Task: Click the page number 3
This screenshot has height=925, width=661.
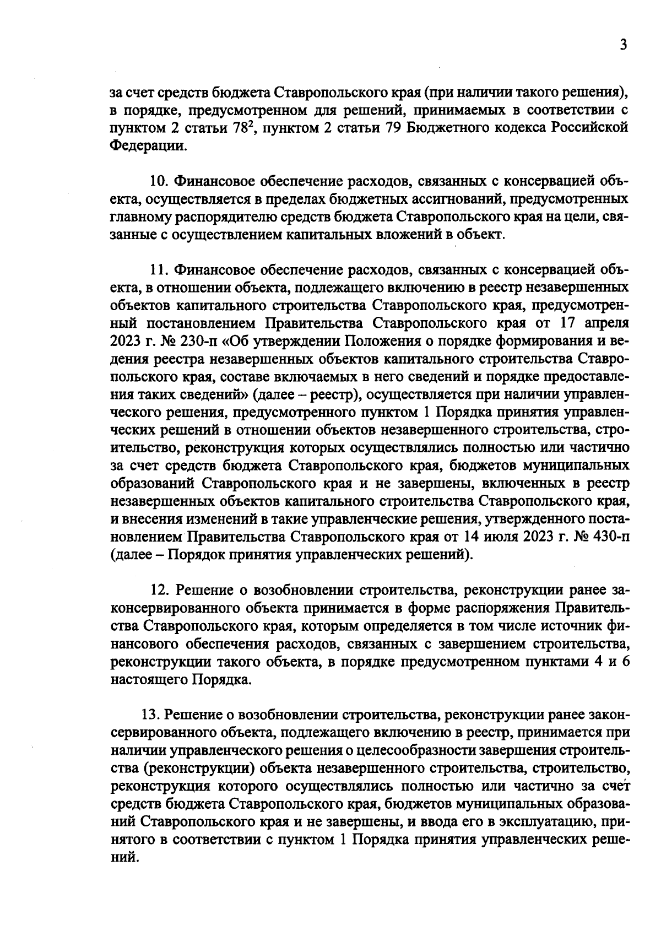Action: coord(623,45)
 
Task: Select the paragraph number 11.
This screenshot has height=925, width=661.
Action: coord(159,270)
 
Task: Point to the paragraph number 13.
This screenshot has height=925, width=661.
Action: coord(150,715)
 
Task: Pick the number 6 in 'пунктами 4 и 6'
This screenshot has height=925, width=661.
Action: coord(625,662)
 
